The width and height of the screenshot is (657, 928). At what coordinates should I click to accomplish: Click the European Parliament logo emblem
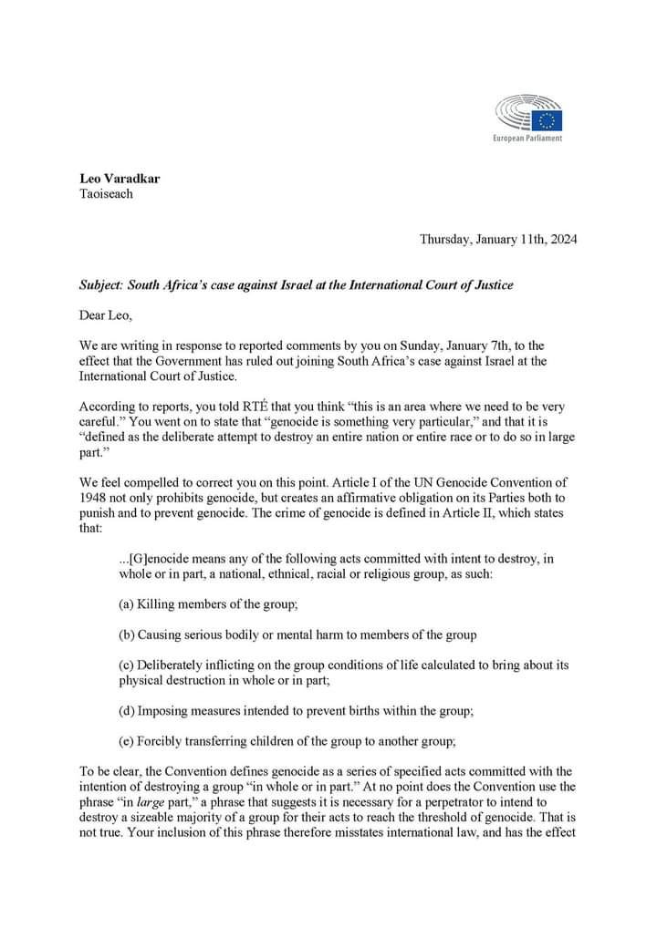click(529, 115)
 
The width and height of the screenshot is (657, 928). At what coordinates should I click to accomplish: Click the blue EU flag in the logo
click(548, 119)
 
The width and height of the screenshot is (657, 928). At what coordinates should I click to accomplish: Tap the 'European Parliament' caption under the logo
click(527, 138)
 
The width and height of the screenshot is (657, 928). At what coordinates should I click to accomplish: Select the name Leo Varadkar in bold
click(120, 179)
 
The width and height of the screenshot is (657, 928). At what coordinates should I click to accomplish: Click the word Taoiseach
click(107, 194)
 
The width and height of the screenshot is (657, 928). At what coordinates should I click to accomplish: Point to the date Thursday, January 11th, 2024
click(497, 240)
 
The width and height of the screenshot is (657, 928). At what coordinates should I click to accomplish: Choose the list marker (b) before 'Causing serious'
click(129, 634)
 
